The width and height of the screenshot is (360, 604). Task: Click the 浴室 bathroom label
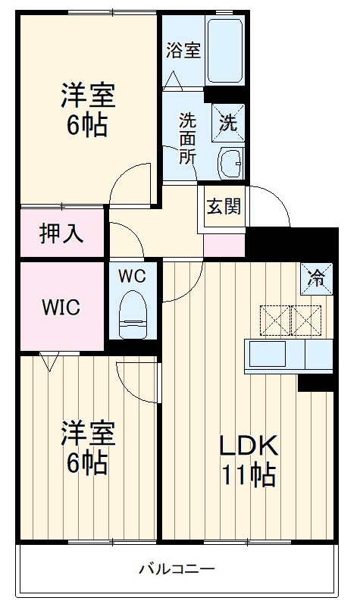point(183,51)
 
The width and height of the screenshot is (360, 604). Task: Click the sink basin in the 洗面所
point(230,162)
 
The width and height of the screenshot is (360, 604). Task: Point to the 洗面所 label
point(186,138)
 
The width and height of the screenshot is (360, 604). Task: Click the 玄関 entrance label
point(224,205)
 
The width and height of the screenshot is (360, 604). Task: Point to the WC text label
point(132,277)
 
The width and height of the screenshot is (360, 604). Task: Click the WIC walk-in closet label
point(61,308)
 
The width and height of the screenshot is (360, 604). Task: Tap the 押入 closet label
point(61,233)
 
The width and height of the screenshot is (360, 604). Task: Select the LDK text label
point(248,445)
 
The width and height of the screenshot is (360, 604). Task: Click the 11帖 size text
point(248,475)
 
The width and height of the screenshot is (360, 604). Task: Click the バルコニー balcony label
point(177,568)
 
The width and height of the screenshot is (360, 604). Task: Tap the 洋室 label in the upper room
point(89,96)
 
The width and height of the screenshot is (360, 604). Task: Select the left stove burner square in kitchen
point(274,318)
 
